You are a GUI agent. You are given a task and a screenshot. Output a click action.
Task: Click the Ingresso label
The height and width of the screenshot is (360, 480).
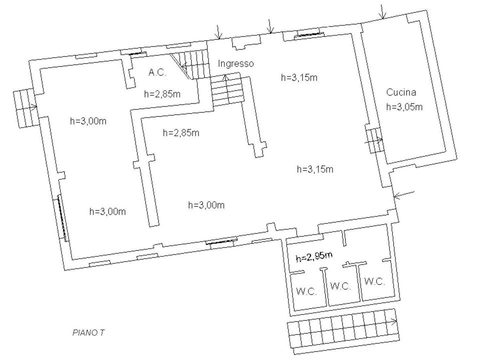point(235,63)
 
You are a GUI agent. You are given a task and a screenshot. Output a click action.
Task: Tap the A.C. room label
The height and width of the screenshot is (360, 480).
point(157,72)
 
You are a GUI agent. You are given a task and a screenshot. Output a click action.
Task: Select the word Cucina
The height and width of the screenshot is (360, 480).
point(401,92)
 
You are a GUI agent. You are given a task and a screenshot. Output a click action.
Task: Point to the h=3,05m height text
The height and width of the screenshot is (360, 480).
point(404,106)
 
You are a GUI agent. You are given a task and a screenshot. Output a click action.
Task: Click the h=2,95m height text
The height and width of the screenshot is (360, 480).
point(314,257)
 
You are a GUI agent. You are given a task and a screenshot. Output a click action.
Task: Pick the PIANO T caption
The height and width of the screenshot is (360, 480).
point(88,332)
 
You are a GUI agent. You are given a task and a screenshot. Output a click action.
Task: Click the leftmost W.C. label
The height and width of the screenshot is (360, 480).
point(306,291)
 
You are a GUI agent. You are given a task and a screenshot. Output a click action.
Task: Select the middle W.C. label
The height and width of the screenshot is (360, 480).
point(340,286)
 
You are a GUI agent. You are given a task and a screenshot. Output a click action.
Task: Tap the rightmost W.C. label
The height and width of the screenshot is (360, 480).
point(374,281)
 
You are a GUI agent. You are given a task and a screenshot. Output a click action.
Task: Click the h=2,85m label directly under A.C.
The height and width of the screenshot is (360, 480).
point(162,93)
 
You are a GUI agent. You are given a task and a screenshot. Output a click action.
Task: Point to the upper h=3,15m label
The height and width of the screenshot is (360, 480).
point(299,77)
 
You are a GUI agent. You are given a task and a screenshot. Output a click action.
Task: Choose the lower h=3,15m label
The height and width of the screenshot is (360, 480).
point(315,169)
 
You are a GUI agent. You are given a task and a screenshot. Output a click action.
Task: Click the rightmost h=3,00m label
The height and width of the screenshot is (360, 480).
point(206,204)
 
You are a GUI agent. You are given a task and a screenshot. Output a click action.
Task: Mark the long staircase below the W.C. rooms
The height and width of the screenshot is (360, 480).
point(343,331)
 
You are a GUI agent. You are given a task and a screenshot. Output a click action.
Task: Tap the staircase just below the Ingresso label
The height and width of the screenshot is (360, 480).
point(227,89)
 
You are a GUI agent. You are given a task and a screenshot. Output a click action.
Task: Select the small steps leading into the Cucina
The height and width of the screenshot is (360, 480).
point(374,140)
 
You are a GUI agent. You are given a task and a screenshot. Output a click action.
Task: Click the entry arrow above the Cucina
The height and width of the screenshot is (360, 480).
point(382,11)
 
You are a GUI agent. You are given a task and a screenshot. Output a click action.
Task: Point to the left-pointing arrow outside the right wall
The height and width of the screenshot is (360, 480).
point(404,194)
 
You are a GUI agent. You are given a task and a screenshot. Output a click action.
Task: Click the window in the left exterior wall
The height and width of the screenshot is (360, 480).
point(61,218)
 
